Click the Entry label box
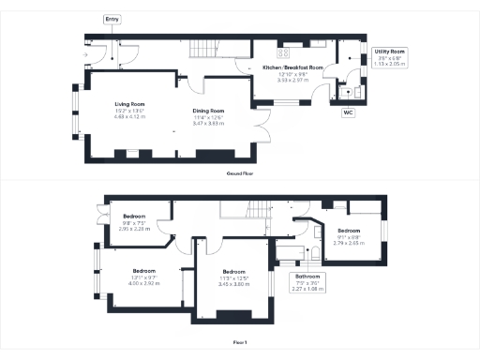pos(112,19)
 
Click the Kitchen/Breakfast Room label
pos(292,68)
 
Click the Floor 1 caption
pos(240,343)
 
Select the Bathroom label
pos(307,277)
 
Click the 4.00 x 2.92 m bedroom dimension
pos(143,282)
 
